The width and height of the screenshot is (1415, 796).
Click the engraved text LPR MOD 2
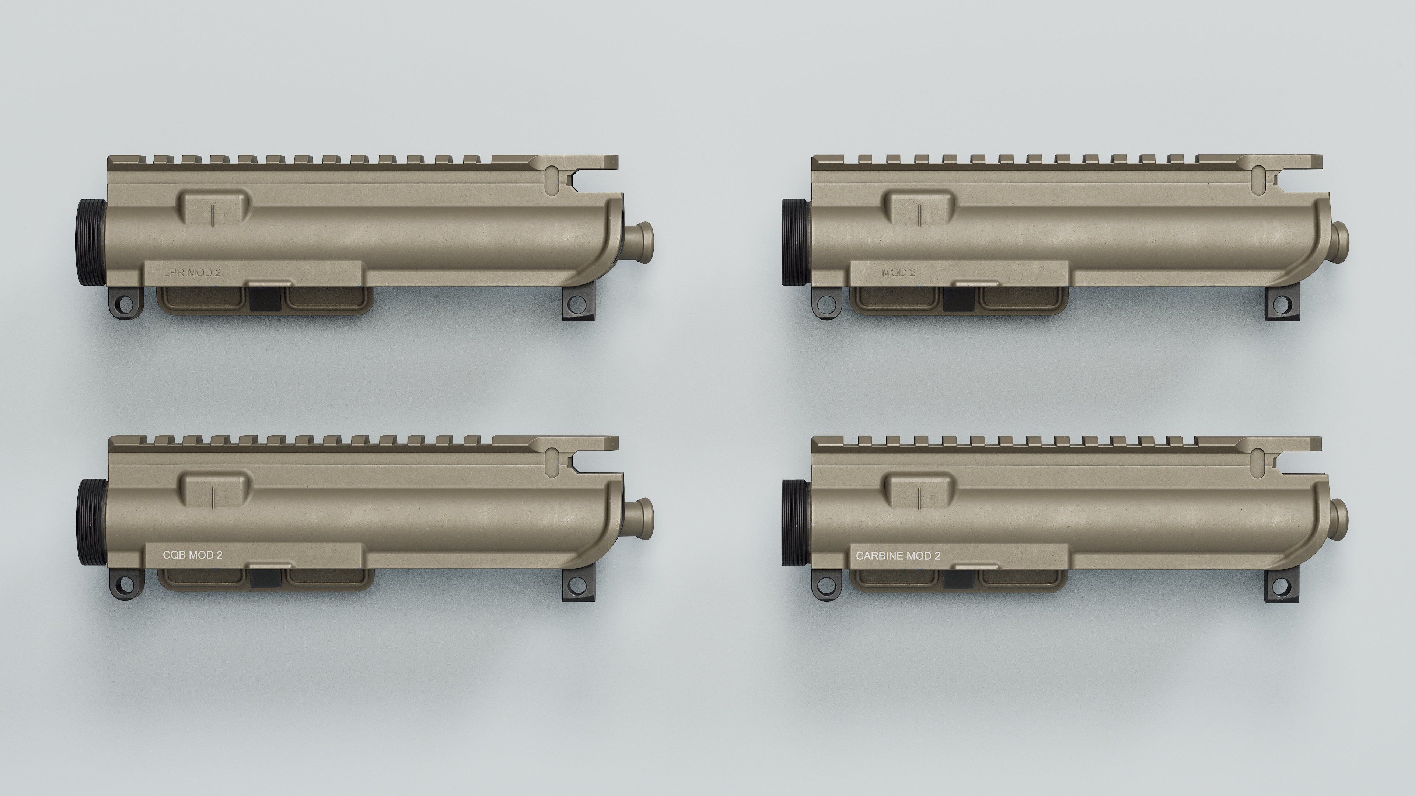(192, 272)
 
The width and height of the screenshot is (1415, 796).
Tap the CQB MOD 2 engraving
(192, 555)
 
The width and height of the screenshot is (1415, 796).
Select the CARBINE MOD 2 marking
(898, 556)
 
